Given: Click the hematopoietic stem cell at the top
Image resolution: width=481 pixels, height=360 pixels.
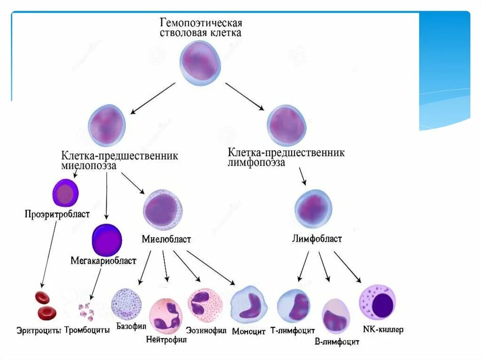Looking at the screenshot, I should point(200,63).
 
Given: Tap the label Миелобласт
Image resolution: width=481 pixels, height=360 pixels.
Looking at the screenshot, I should point(166,239).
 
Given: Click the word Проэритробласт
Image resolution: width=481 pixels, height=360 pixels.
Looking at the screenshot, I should point(57,214).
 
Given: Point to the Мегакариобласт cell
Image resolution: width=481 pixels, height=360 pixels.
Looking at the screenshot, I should point(107,240).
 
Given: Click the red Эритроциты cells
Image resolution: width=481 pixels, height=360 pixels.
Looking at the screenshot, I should point(45,306).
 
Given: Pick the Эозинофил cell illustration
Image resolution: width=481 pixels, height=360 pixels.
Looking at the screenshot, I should point(205,305).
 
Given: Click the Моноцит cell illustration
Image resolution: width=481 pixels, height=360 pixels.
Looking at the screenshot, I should point(249,307).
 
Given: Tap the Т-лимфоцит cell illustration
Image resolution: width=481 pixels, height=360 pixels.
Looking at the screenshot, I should point(294,306).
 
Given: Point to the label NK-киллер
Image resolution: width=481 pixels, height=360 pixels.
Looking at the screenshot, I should point(383,330).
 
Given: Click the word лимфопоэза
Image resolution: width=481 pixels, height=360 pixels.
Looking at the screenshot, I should point(256,163).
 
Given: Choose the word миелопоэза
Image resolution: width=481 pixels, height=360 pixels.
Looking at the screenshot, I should point(89,166).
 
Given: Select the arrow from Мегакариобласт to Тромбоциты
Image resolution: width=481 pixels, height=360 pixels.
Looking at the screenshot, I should point(95,283).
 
